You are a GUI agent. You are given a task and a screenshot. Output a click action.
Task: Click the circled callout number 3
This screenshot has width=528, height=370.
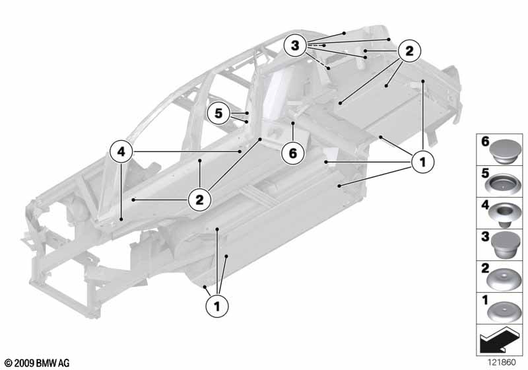tap(295, 45)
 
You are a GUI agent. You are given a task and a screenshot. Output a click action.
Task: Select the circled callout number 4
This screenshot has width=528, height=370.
tap(121, 152)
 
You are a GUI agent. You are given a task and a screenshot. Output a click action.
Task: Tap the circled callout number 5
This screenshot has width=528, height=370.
tap(218, 113)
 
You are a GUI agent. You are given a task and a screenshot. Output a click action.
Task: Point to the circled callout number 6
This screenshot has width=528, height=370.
tap(293, 153)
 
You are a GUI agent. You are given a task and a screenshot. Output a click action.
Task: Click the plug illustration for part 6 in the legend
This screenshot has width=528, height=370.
tap(504, 151)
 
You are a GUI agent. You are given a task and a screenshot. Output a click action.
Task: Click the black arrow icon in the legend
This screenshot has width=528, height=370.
tap(498, 339)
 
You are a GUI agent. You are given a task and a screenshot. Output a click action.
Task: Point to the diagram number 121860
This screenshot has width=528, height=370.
tap(502, 362)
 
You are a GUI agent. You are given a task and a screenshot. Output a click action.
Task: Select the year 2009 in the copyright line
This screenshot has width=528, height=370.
tap(24, 363)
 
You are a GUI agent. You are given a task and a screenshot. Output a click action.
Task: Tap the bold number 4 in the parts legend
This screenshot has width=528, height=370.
tap(484, 205)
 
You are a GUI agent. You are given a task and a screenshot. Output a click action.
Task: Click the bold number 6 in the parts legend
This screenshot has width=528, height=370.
tap(485, 141)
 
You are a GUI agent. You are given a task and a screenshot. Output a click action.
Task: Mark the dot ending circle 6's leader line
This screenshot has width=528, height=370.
tap(293, 124)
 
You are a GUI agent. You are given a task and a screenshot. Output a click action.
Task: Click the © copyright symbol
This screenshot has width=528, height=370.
tap(9, 363)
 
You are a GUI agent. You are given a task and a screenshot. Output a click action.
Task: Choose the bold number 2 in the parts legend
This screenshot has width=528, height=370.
tap(485, 268)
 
